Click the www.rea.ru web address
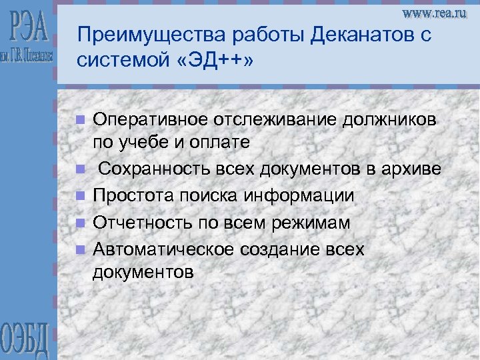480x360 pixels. [x=434, y=14]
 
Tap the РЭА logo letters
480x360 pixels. [x=30, y=27]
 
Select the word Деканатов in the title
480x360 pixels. [x=342, y=35]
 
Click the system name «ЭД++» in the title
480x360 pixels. [x=214, y=60]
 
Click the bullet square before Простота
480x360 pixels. [x=80, y=197]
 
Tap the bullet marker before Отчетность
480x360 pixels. [x=80, y=223]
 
